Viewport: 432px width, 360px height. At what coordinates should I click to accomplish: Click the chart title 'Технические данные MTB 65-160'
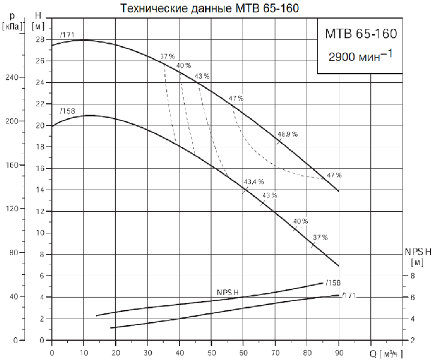[209, 8]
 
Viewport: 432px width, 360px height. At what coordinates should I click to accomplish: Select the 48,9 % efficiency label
[287, 134]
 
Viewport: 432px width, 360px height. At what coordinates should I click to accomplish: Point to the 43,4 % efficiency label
[253, 182]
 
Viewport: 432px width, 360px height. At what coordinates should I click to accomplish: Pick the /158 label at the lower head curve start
[67, 112]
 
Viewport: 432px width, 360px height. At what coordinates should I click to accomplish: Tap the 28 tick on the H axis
[40, 40]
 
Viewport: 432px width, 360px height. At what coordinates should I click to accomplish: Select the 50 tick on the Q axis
[211, 351]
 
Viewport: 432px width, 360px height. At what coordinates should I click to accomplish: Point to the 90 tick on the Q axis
[339, 351]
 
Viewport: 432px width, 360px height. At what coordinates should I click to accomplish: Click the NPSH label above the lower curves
[228, 292]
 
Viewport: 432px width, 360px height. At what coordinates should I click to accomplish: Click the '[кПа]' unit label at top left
[13, 26]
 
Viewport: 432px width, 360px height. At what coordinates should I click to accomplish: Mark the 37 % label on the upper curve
[167, 57]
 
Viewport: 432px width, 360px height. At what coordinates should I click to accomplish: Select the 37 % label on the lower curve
[320, 238]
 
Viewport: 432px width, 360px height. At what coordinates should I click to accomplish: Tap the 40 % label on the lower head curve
[301, 221]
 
